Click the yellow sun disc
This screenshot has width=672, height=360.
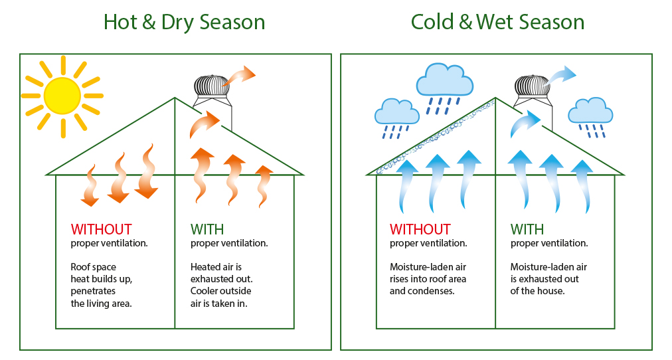[x=62, y=96]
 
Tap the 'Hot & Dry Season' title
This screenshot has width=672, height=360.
[x=185, y=23]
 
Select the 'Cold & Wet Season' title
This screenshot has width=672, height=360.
[x=497, y=22]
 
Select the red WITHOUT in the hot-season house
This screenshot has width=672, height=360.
[x=101, y=229]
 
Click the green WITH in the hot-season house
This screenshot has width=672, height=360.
[x=207, y=229]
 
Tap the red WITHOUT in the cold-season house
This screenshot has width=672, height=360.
[x=420, y=229]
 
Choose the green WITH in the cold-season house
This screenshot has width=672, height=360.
[x=527, y=229]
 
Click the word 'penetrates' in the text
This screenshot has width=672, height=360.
[x=93, y=291]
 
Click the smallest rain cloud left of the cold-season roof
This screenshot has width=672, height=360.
[x=397, y=112]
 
